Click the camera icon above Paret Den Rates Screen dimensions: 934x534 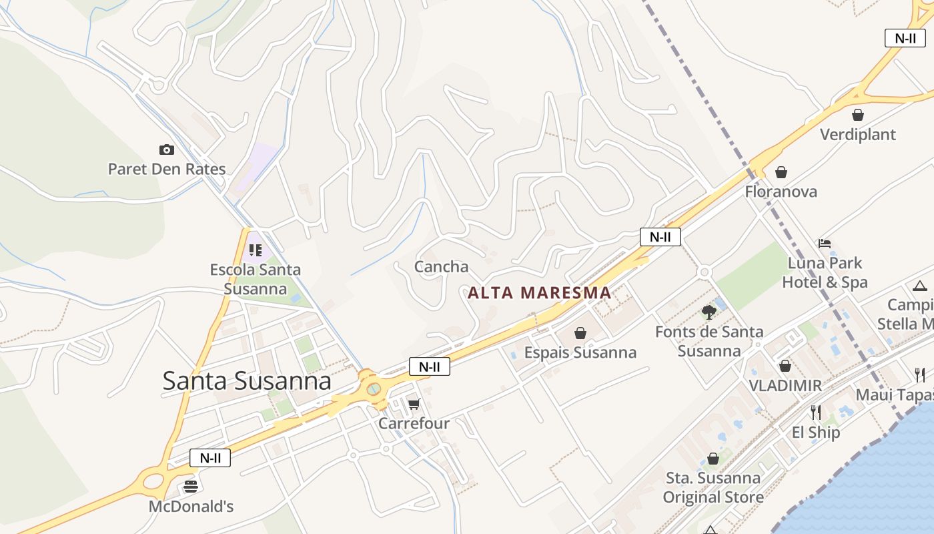tap(166, 150)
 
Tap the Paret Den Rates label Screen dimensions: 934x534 tap(167, 169)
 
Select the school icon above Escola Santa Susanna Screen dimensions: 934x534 tap(255, 250)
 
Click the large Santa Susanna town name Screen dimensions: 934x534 tap(247, 380)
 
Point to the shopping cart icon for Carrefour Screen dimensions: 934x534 tap(414, 404)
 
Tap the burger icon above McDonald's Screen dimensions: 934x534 tap(191, 486)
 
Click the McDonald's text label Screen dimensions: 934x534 tap(191, 507)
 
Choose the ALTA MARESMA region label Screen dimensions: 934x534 tap(539, 292)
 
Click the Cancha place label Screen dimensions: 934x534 tap(441, 267)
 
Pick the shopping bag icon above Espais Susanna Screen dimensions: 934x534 tap(580, 332)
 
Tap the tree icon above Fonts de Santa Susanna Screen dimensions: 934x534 tap(709, 312)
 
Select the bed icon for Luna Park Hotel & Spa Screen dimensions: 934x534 tap(825, 244)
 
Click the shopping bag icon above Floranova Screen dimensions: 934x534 tap(781, 172)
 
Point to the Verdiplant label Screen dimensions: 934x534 tap(857, 134)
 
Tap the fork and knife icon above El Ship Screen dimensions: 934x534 tap(815, 413)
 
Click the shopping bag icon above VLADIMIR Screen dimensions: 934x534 tap(785, 366)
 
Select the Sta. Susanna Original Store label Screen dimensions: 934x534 tap(713, 488)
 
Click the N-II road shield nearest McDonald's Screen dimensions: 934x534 tap(210, 458)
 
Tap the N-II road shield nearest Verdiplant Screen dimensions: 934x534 tap(905, 38)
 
